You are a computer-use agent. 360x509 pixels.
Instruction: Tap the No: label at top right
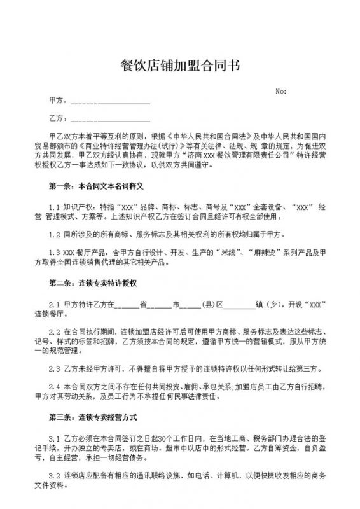coord(281,91)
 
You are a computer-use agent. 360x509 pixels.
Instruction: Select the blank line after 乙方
coord(110,119)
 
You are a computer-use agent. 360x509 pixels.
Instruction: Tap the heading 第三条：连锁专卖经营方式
coord(92,417)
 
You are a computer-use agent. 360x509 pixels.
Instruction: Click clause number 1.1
coord(54,207)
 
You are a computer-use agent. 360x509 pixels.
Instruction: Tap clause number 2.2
coord(54,332)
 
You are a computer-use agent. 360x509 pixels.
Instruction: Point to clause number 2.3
coord(54,368)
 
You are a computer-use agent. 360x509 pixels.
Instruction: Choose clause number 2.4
coord(54,386)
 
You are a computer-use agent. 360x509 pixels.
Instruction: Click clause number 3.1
coord(54,438)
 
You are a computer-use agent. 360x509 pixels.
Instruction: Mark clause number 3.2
coord(54,475)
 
